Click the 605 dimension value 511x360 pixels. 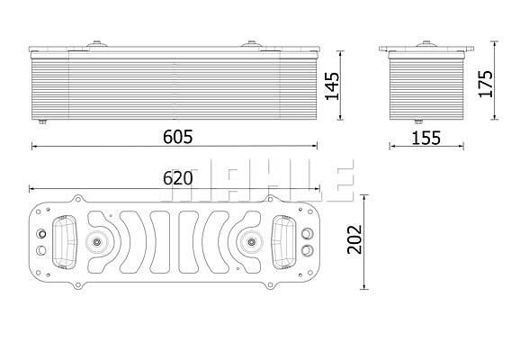[x=177, y=137]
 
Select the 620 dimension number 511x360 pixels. [x=177, y=178]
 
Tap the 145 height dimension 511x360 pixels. [x=332, y=86]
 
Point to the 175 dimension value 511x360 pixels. [x=485, y=84]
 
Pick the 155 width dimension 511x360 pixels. [x=426, y=138]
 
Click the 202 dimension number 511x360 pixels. [x=354, y=239]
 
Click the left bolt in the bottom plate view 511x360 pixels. [x=96, y=242]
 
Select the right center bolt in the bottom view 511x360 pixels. [x=251, y=242]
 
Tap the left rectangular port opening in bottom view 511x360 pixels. [x=64, y=242]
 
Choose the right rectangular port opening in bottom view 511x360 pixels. [x=284, y=242]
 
